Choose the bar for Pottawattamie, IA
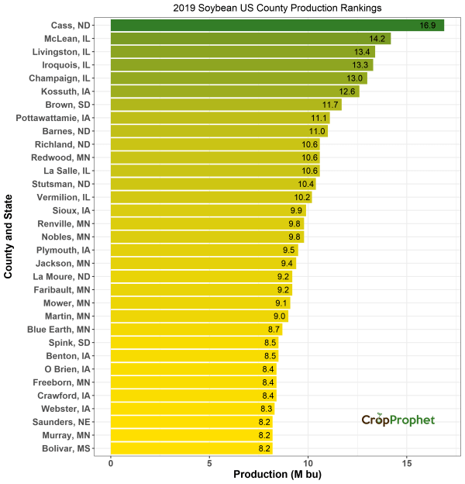coord(220,118)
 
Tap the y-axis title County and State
coord(9,237)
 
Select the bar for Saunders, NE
coord(191,422)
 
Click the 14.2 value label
coord(378,39)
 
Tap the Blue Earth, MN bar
coord(196,330)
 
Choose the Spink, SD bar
coord(195,343)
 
